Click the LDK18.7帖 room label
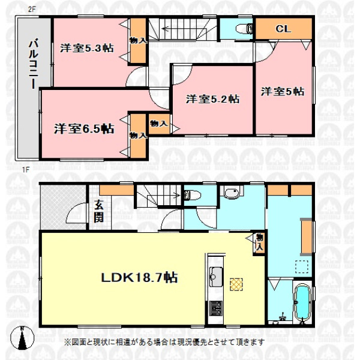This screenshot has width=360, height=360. pyautogui.click(x=140, y=277)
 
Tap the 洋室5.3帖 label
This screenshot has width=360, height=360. pyautogui.click(x=87, y=48)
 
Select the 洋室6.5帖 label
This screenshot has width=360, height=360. pyautogui.click(x=84, y=129)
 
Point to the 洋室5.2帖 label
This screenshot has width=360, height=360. pyautogui.click(x=212, y=99)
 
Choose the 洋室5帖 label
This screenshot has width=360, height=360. pyautogui.click(x=283, y=92)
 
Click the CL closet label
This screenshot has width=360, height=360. pyautogui.click(x=283, y=29)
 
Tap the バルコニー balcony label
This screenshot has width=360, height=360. pyautogui.click(x=34, y=64)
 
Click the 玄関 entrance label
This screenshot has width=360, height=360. pyautogui.click(x=99, y=212)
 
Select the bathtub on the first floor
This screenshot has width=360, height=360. pyautogui.click(x=302, y=301)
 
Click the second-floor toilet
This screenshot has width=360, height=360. pyautogui.click(x=244, y=29)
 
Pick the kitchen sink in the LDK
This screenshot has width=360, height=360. pyautogui.click(x=216, y=277)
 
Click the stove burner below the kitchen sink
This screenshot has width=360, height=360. pyautogui.click(x=216, y=308)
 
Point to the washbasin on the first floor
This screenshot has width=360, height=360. pyautogui.click(x=232, y=193)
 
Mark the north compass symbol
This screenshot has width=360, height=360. pyautogui.click(x=22, y=338)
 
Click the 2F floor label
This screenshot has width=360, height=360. pyautogui.click(x=32, y=10)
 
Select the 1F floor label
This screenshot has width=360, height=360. pyautogui.click(x=26, y=170)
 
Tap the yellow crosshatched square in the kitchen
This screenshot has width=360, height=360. pyautogui.click(x=236, y=284)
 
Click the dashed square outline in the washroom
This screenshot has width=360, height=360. pyautogui.click(x=302, y=267)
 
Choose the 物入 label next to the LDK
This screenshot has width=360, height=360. pyautogui.click(x=259, y=242)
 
